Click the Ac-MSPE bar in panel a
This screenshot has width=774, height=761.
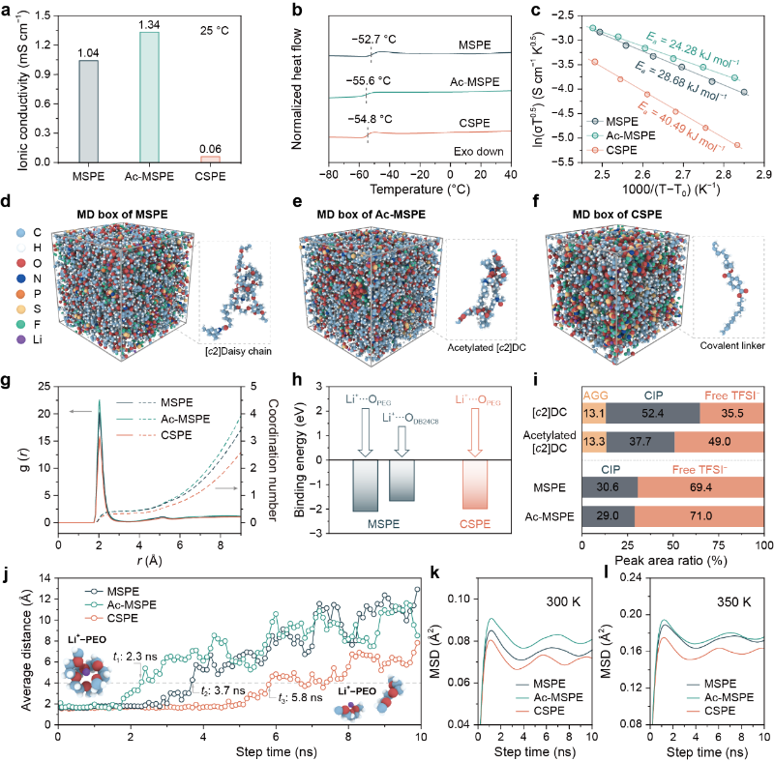click(142, 97)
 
